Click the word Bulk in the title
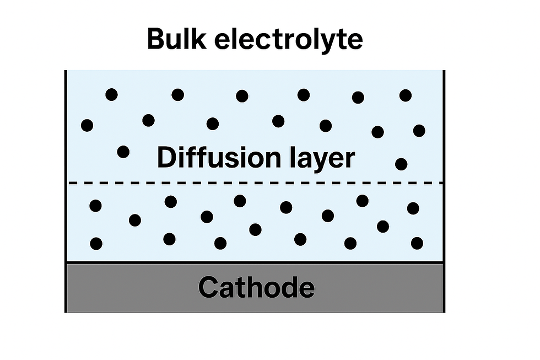pyautogui.click(x=177, y=39)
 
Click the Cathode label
pyautogui.click(x=257, y=287)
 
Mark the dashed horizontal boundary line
pyautogui.click(x=255, y=183)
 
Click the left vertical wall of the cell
pyautogui.click(x=66, y=191)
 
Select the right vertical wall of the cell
pyautogui.click(x=444, y=191)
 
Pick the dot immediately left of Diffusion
pyautogui.click(x=123, y=152)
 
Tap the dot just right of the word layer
pyautogui.click(x=401, y=164)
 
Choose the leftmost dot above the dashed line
pyautogui.click(x=87, y=125)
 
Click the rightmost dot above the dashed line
pyautogui.click(x=419, y=131)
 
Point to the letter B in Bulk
pyautogui.click(x=156, y=39)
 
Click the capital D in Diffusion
pyautogui.click(x=166, y=158)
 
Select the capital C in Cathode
pyautogui.click(x=208, y=287)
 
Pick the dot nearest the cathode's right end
pyautogui.click(x=417, y=243)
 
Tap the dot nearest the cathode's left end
pyautogui.click(x=96, y=244)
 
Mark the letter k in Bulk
pyautogui.click(x=199, y=39)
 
